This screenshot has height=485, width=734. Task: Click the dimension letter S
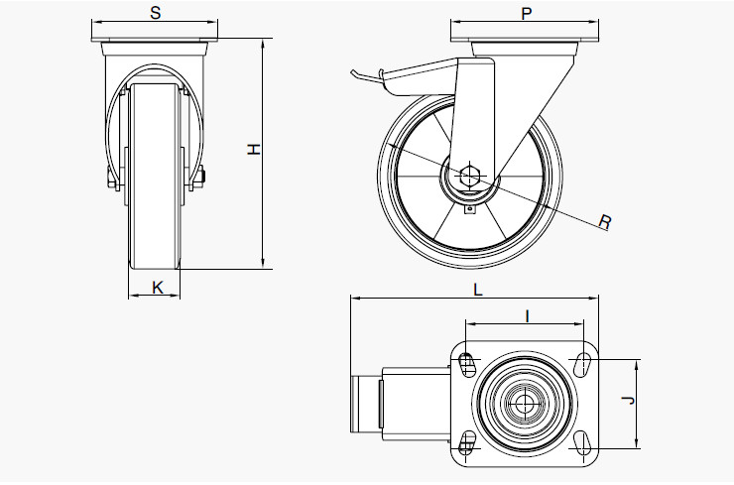coord(155,13)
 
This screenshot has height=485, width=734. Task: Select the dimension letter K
coord(157,288)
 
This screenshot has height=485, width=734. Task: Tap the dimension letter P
coord(527,13)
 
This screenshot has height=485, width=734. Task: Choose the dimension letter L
coord(477,291)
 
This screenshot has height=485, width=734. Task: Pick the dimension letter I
coord(527,315)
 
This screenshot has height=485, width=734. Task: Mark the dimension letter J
coord(626,402)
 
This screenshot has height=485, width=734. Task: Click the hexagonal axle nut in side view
coord(470,178)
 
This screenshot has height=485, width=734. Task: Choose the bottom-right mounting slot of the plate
coord(582,441)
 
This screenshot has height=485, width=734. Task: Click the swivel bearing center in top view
coord(524,403)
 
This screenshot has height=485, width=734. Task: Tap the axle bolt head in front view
coord(202,180)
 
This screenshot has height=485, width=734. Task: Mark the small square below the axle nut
coord(472,208)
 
